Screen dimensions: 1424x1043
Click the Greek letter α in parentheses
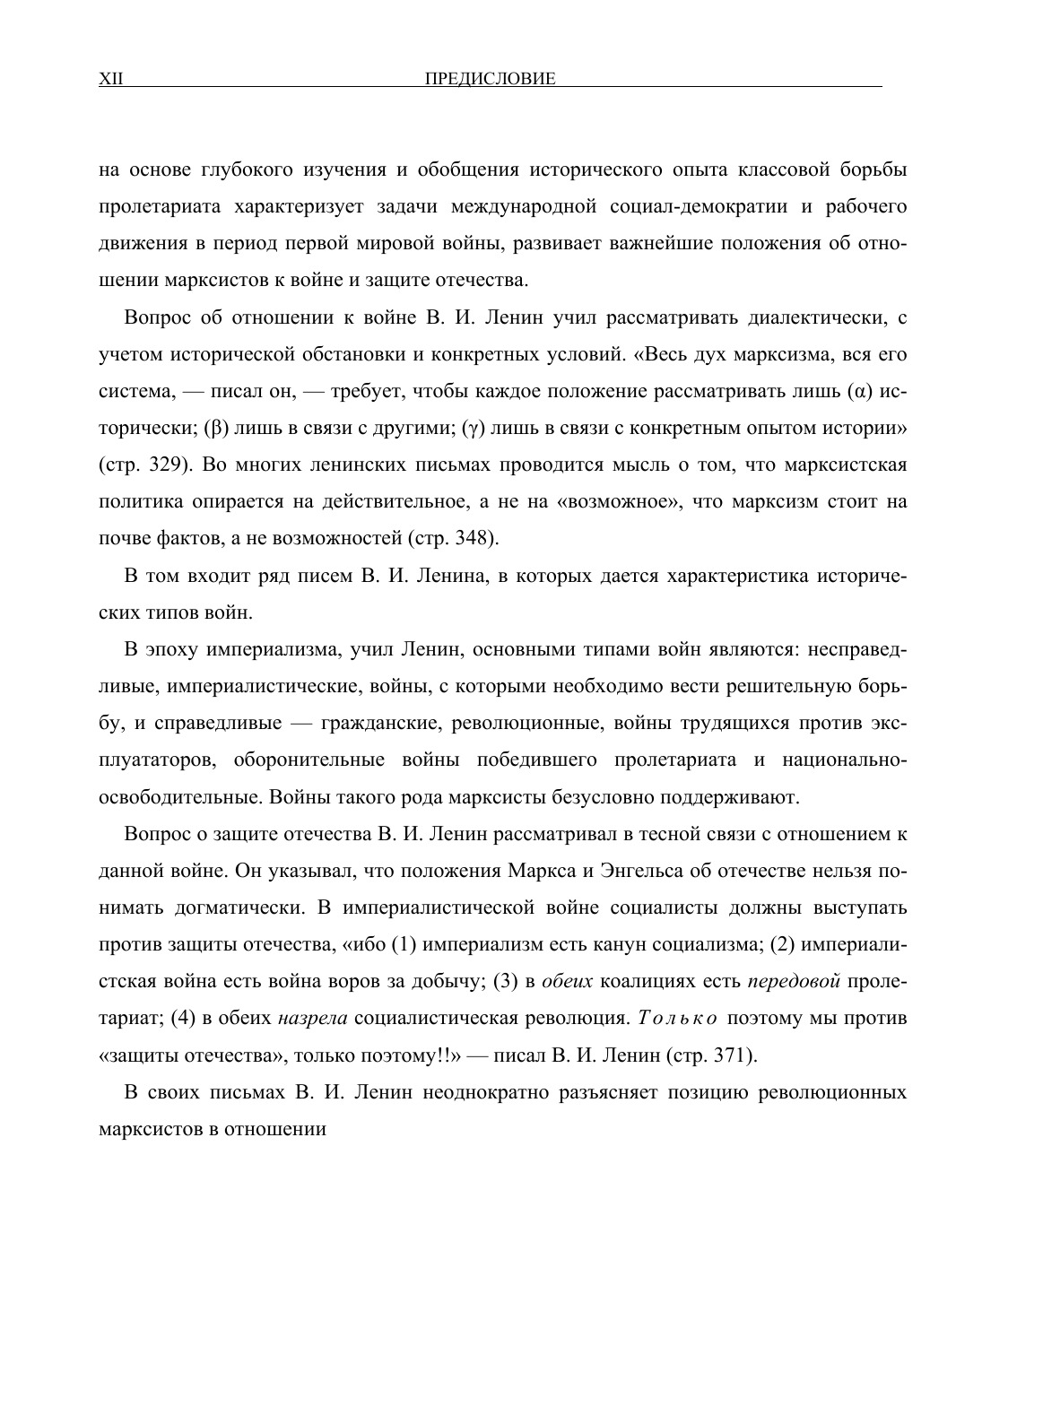pyautogui.click(x=859, y=392)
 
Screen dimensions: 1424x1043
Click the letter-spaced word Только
pyautogui.click(x=680, y=1019)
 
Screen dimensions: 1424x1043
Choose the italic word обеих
pyautogui.click(x=569, y=982)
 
